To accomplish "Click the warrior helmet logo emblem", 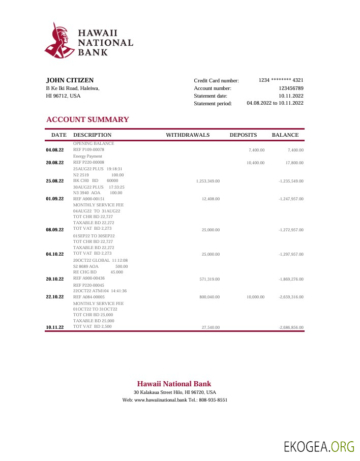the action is tap(58, 41).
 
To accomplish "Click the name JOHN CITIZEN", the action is tap(70, 80).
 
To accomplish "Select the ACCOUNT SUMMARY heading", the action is tap(87, 119).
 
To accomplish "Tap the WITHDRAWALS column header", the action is tap(188, 135).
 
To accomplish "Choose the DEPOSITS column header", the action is tap(243, 135).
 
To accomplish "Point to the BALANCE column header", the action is tap(285, 135).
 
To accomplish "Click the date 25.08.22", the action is tap(55, 181).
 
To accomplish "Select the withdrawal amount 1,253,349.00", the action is tap(207, 181).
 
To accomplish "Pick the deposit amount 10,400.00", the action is tap(255, 163).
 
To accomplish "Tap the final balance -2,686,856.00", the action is tap(291, 327).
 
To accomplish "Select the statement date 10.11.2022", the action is tap(291, 96).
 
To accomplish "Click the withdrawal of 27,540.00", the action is tap(211, 327).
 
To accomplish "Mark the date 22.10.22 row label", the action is tap(55, 297).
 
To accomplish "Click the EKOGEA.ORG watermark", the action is tap(319, 447).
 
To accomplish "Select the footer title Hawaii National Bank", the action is tap(174, 384).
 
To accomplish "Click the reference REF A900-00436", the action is tap(89, 278).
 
